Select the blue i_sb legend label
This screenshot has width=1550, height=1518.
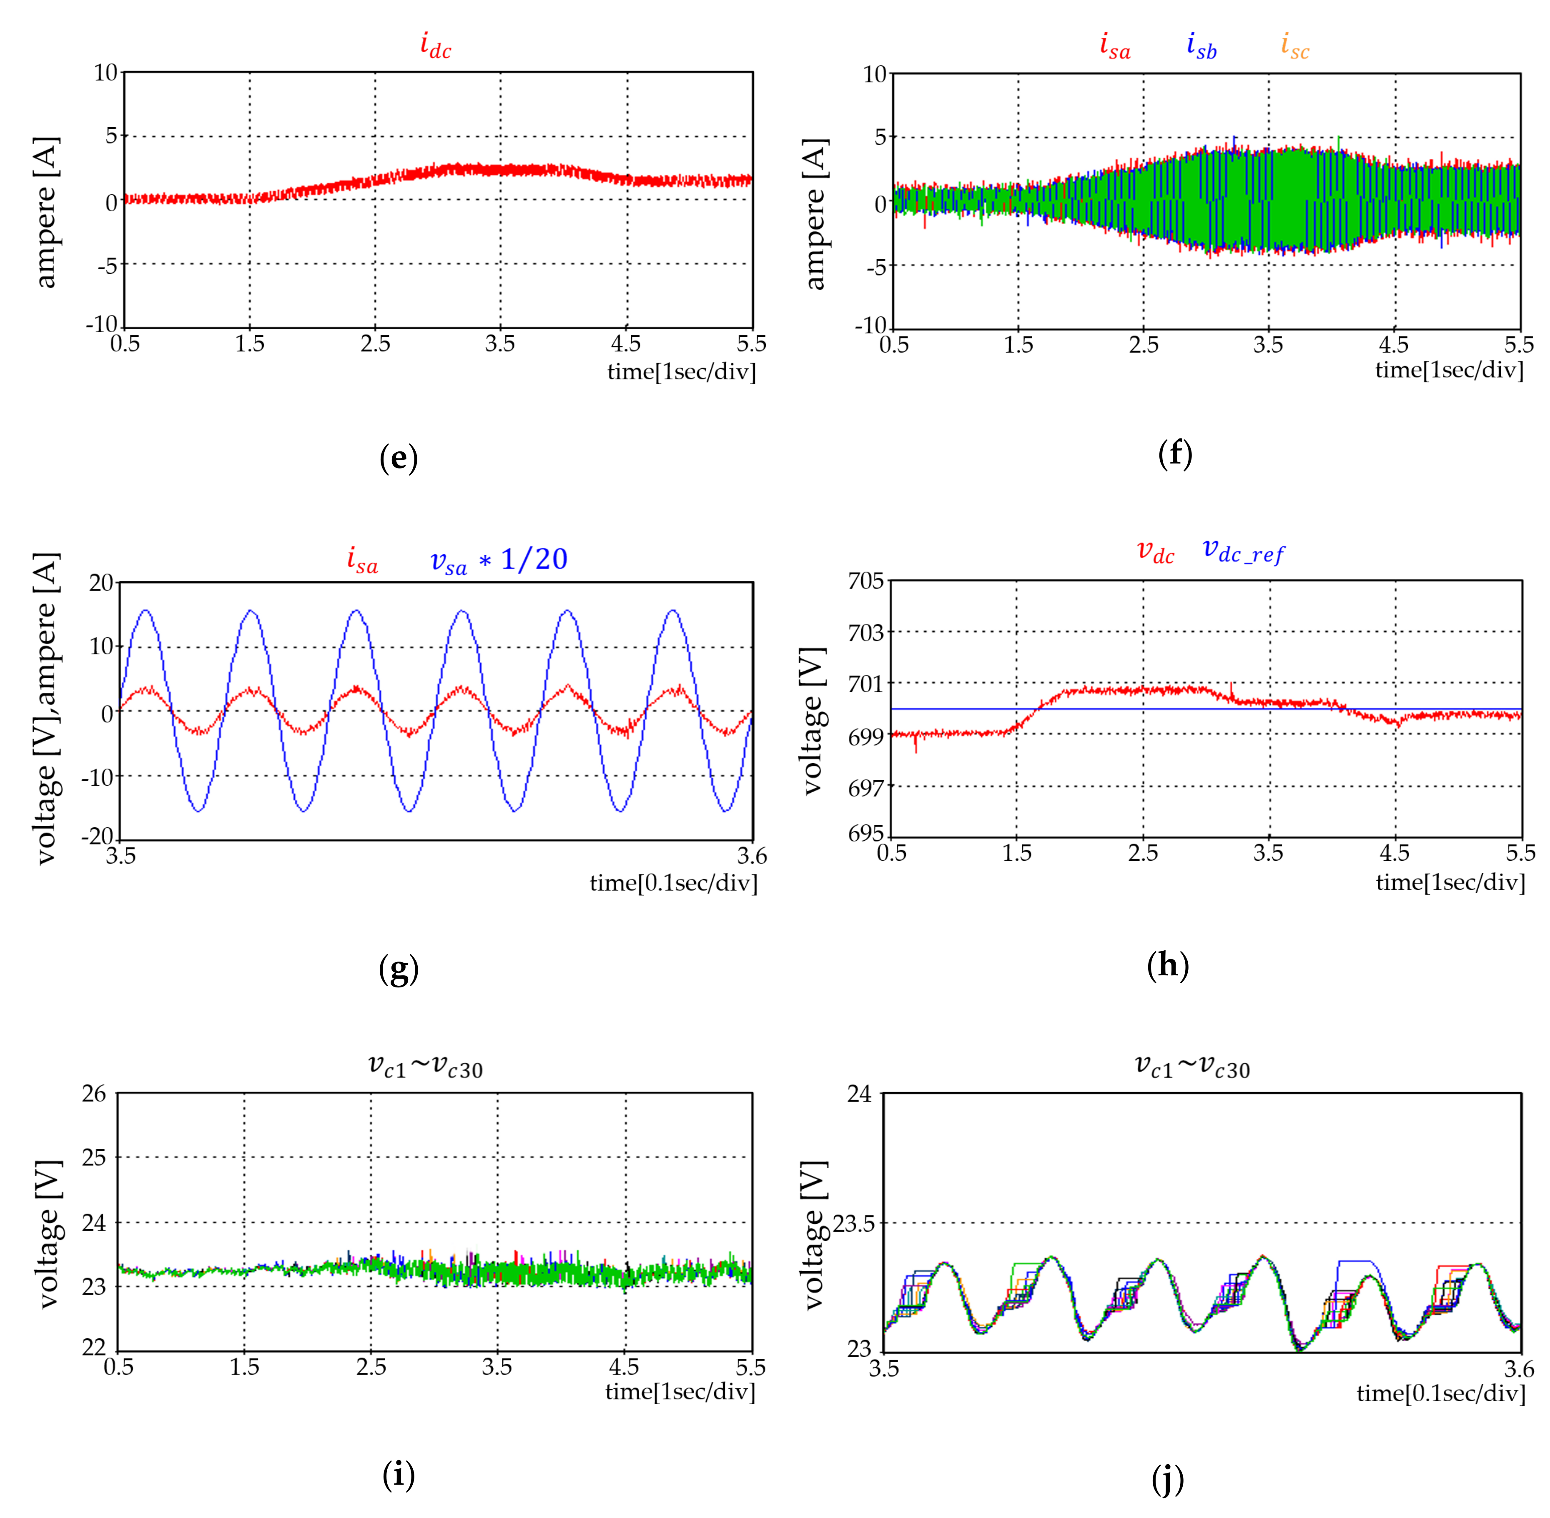pyautogui.click(x=1201, y=46)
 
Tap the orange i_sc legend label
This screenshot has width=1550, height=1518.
pyautogui.click(x=1294, y=46)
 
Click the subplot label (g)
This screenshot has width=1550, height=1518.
pyautogui.click(x=398, y=969)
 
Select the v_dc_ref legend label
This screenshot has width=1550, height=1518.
pyautogui.click(x=1242, y=551)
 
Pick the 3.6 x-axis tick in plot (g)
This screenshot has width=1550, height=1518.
pyautogui.click(x=751, y=856)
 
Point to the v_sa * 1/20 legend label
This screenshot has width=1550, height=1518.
pyautogui.click(x=498, y=561)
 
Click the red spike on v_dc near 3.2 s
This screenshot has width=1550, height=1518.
pyautogui.click(x=1232, y=687)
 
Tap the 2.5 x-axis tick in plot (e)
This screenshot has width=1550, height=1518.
pyautogui.click(x=375, y=343)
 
